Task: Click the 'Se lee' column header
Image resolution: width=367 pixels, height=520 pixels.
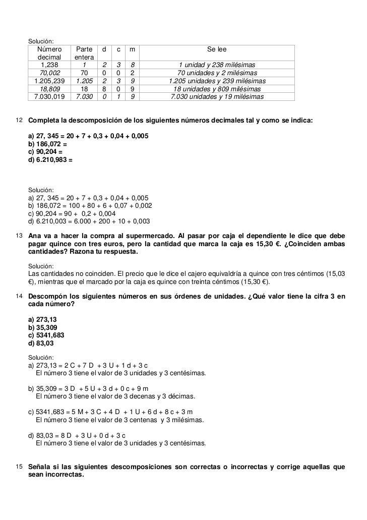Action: tap(217, 50)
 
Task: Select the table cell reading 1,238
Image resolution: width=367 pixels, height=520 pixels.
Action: tap(49, 66)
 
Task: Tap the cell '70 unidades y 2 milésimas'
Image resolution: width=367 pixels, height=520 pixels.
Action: tap(217, 73)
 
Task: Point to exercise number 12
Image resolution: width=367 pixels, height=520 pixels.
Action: tap(19, 121)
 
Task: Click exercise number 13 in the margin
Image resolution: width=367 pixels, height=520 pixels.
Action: tap(19, 236)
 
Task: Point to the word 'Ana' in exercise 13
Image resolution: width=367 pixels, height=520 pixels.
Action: tap(35, 236)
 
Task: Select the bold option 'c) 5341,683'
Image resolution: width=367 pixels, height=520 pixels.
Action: tap(46, 335)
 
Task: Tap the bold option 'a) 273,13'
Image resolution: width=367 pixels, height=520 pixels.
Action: tap(44, 319)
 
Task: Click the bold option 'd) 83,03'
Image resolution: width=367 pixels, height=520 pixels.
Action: tap(41, 343)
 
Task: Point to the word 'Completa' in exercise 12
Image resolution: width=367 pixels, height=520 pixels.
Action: tap(44, 121)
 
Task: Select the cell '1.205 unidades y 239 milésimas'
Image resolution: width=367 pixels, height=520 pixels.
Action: tap(217, 81)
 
